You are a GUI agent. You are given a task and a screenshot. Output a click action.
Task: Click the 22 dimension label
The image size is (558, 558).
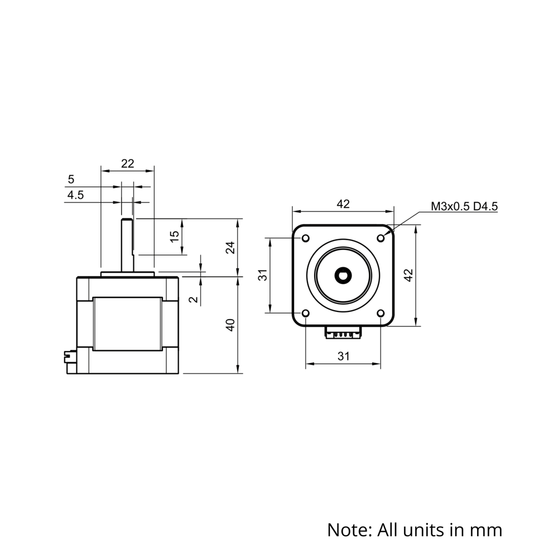pyautogui.click(x=127, y=163)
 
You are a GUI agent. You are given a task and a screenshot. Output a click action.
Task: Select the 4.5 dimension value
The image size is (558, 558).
pyautogui.click(x=75, y=195)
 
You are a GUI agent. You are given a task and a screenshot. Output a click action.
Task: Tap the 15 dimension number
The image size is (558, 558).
pyautogui.click(x=174, y=236)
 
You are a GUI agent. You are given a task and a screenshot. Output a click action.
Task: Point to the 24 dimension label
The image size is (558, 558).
pyautogui.click(x=230, y=247)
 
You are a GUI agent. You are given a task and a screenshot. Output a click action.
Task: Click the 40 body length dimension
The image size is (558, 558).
pyautogui.click(x=230, y=325)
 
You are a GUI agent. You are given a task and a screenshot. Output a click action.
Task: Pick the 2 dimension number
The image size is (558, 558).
pyautogui.click(x=194, y=299)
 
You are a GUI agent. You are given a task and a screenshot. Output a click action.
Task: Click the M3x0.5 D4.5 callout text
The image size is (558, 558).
pyautogui.click(x=464, y=206)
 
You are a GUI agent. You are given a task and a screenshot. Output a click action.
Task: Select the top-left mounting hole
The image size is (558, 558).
pyautogui.click(x=306, y=238)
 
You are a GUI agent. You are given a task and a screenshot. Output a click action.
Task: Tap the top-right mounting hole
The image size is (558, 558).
pyautogui.click(x=381, y=238)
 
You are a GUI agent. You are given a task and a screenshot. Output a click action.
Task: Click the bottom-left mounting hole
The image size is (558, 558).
pyautogui.click(x=306, y=313)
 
